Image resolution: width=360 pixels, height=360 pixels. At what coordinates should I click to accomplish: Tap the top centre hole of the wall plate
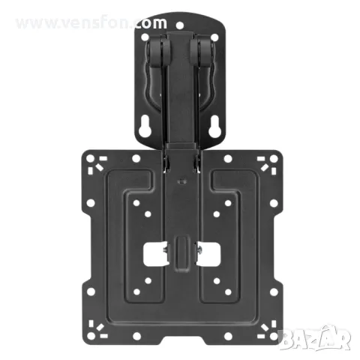point(180,25)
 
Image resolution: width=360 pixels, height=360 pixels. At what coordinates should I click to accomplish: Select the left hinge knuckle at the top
point(157,49)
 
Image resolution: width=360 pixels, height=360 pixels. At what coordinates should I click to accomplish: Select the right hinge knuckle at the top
point(202,49)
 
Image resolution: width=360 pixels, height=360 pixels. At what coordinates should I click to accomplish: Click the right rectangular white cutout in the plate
point(208,254)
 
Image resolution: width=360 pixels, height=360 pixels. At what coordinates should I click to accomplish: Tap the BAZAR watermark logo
point(316,337)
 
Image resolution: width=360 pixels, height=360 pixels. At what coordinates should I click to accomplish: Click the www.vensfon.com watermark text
point(91,23)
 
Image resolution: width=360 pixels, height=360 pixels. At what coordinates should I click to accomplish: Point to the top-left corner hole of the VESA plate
point(90,159)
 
